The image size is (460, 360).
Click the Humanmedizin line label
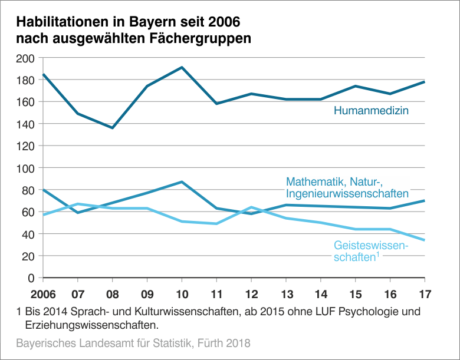click(x=371, y=110)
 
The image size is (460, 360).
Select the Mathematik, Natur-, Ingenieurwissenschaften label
click(x=347, y=187)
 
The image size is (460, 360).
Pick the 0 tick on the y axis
click(x=32, y=278)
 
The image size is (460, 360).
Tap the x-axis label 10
click(x=182, y=293)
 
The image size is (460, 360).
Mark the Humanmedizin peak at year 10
click(x=182, y=67)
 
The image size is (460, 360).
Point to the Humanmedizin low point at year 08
click(x=113, y=128)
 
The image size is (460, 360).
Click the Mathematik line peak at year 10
click(x=182, y=182)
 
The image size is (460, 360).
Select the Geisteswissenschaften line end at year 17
click(x=424, y=240)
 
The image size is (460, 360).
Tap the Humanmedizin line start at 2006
click(x=44, y=74)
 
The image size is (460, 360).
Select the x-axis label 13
click(x=285, y=293)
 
